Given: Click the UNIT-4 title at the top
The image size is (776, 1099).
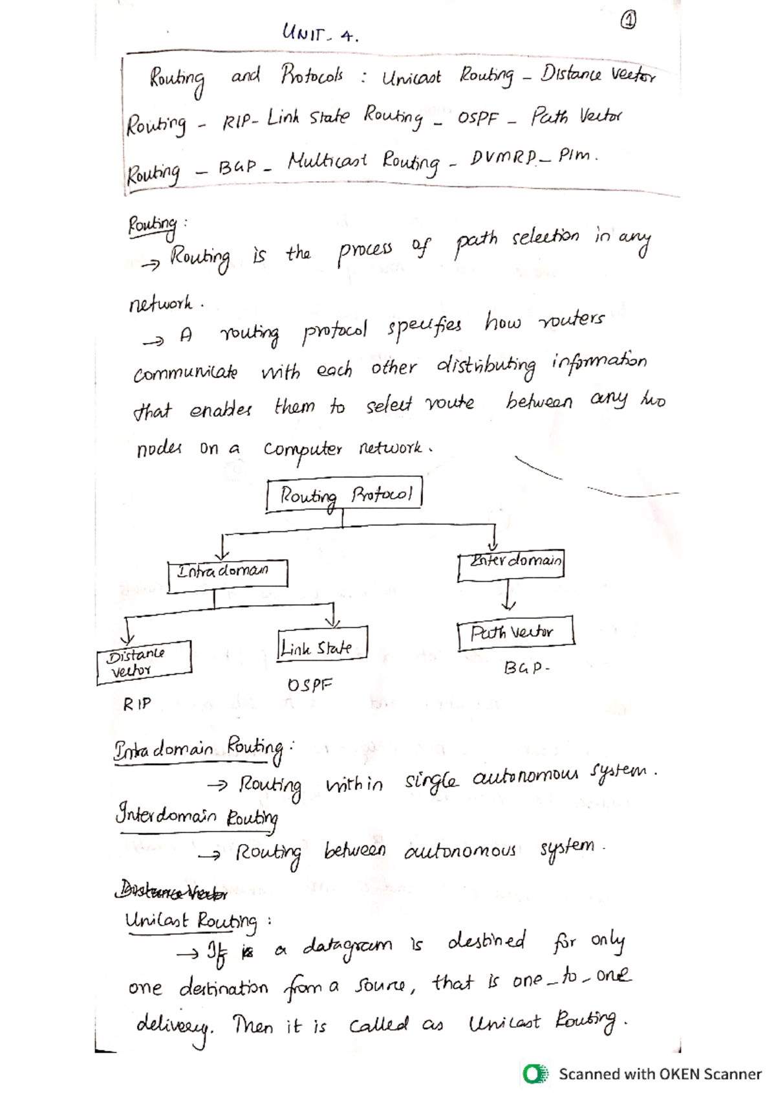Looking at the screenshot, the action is [319, 33].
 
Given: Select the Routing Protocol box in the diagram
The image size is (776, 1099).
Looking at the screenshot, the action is [344, 496].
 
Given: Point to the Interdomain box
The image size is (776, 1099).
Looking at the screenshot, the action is [511, 562].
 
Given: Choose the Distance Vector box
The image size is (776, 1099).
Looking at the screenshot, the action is [144, 661].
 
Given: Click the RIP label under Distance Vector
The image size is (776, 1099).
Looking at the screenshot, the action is [137, 704].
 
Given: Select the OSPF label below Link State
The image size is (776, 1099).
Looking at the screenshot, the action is [309, 685].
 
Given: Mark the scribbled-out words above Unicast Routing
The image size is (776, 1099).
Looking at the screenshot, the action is [171, 893].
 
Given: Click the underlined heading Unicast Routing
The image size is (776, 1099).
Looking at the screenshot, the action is [191, 921].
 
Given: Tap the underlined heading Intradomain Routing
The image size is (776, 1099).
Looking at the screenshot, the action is [198, 749].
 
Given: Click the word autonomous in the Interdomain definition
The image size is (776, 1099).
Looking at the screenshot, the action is [460, 850].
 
